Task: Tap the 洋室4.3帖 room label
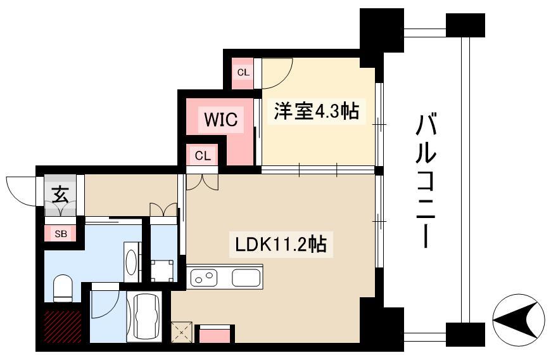(316, 112)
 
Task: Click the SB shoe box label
(61, 234)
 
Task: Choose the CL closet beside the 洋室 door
(243, 72)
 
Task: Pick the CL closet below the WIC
(203, 155)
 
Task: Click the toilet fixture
(63, 287)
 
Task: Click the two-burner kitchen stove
(204, 278)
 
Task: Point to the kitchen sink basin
(246, 278)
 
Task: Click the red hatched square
(63, 325)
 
